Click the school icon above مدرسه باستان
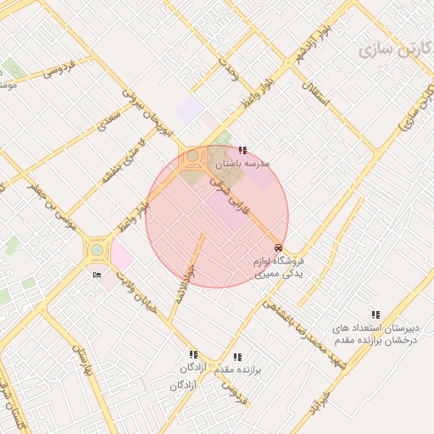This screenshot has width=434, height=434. (x=244, y=150)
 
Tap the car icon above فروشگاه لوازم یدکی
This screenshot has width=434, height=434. (x=280, y=248)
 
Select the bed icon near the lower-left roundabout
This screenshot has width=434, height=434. (x=96, y=275)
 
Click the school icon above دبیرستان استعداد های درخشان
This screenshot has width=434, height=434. (x=376, y=314)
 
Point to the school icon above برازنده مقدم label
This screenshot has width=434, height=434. (x=236, y=358)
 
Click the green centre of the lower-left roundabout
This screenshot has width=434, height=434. (x=96, y=249)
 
